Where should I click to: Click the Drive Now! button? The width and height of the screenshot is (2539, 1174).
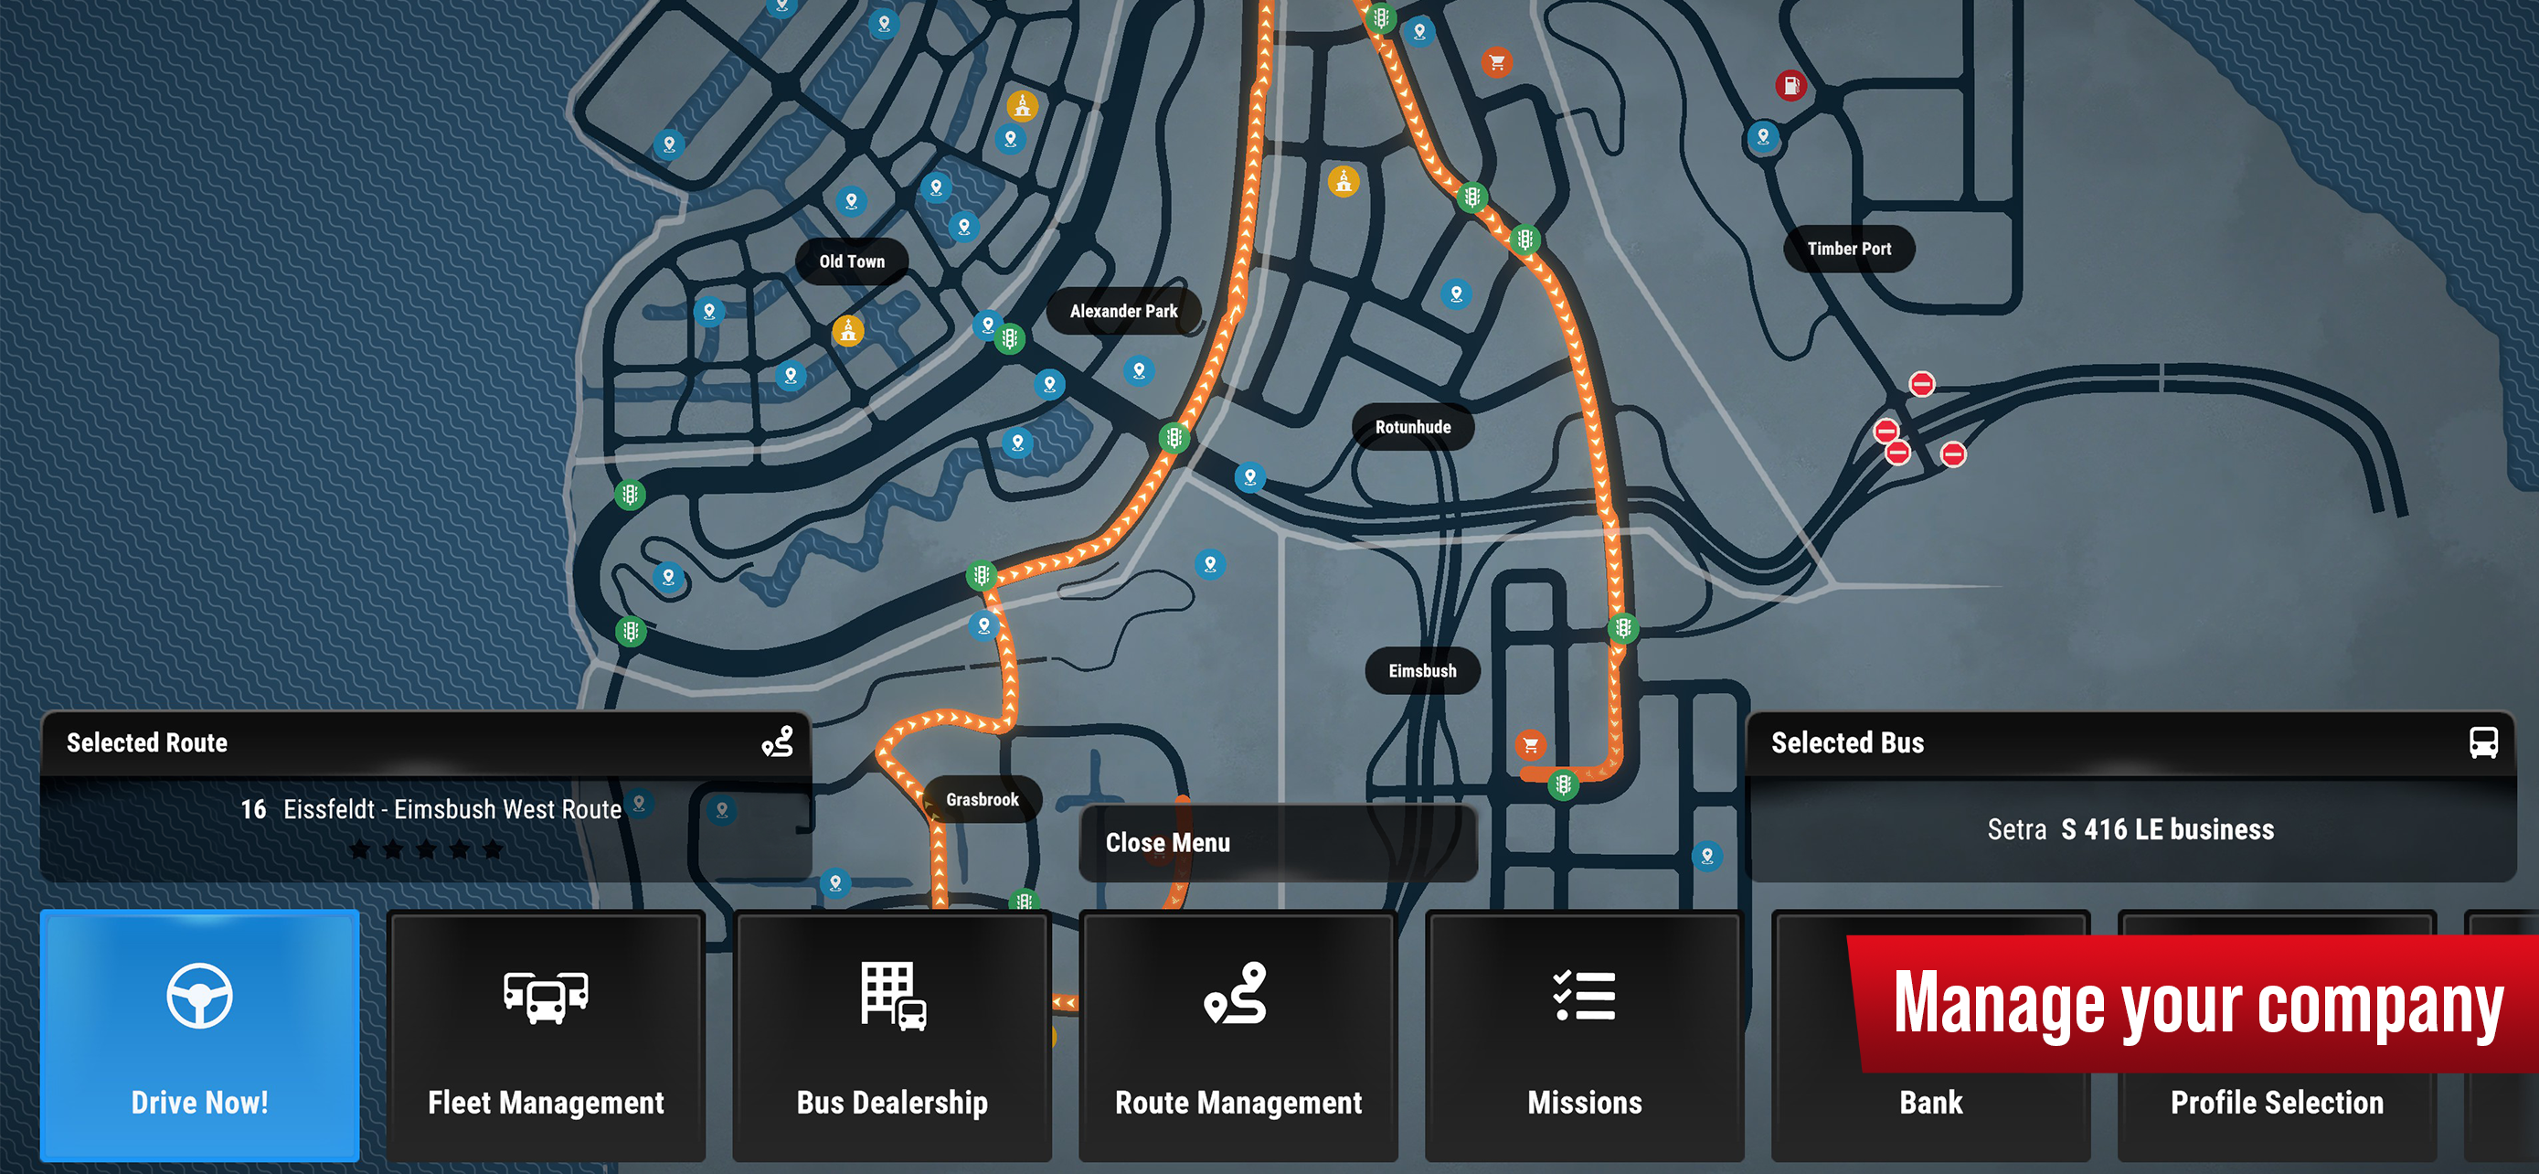(x=199, y=1035)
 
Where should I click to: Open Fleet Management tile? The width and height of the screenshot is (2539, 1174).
(x=546, y=1035)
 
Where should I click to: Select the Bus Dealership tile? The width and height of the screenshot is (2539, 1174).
(x=892, y=1035)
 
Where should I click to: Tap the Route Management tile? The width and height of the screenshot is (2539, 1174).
(x=1238, y=1035)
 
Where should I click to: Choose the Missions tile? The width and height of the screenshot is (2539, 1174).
(x=1584, y=1035)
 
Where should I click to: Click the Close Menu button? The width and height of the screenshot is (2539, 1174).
(x=1278, y=843)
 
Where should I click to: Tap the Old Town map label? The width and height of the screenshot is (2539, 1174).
(x=852, y=261)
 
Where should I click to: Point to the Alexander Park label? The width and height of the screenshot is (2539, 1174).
(x=1123, y=312)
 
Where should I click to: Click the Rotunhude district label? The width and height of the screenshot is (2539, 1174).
(x=1412, y=427)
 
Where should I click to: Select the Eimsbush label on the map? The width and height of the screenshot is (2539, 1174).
(x=1422, y=671)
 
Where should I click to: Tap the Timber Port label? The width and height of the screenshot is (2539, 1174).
(x=1849, y=250)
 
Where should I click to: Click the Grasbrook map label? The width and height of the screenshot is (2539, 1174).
(x=982, y=799)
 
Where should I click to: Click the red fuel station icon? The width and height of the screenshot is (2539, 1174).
(x=1790, y=86)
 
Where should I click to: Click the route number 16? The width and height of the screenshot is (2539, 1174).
(x=253, y=809)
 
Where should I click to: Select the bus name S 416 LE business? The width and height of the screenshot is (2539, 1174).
(x=2167, y=830)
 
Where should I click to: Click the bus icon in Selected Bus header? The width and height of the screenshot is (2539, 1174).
(x=2483, y=742)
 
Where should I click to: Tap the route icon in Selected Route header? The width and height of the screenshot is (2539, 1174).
(x=778, y=742)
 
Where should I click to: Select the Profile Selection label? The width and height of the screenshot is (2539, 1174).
(x=2277, y=1102)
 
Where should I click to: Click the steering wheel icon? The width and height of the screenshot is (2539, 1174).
(x=199, y=996)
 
